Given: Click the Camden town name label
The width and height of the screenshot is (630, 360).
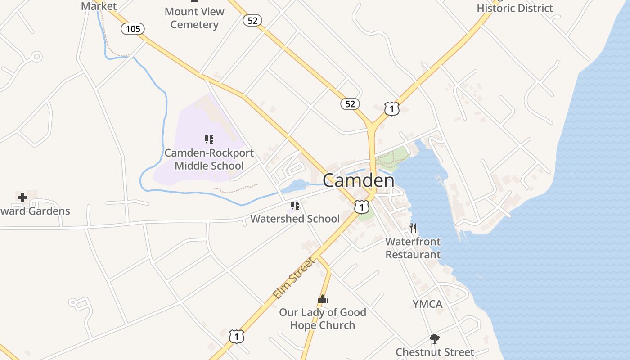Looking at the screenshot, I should [x=359, y=180].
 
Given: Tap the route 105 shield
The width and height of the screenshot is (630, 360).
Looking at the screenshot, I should [x=133, y=29].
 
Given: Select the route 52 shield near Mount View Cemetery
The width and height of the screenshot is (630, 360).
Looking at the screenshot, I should [x=252, y=20].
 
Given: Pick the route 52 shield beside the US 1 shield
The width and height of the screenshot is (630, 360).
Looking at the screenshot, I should [x=350, y=104].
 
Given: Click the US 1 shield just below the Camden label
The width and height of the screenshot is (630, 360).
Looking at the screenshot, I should [x=362, y=207].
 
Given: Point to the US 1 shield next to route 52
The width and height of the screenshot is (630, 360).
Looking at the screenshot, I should [x=392, y=109].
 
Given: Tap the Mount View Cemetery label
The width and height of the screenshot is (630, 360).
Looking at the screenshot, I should [x=194, y=18].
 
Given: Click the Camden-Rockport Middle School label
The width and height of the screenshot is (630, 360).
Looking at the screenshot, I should [x=209, y=159].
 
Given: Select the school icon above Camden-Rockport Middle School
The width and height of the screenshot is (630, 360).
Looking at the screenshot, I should [x=209, y=139].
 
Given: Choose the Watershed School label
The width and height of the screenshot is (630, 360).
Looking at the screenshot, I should [x=295, y=219].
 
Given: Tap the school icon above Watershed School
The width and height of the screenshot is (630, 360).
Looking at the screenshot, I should [x=295, y=206].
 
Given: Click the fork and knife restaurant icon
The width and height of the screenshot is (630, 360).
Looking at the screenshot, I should [x=413, y=228].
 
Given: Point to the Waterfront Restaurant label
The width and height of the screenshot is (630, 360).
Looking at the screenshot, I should [x=413, y=248].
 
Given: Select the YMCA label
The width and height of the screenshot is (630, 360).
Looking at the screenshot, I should [x=427, y=304].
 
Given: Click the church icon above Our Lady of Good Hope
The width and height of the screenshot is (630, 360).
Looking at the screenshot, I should [x=323, y=299].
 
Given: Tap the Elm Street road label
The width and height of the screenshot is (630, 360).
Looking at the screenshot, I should [x=294, y=278].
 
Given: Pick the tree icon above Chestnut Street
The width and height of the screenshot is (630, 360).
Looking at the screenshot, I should [x=435, y=339].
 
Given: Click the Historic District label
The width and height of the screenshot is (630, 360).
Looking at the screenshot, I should [x=515, y=8].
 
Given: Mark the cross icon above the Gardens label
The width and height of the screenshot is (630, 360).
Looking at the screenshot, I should [x=22, y=197].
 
